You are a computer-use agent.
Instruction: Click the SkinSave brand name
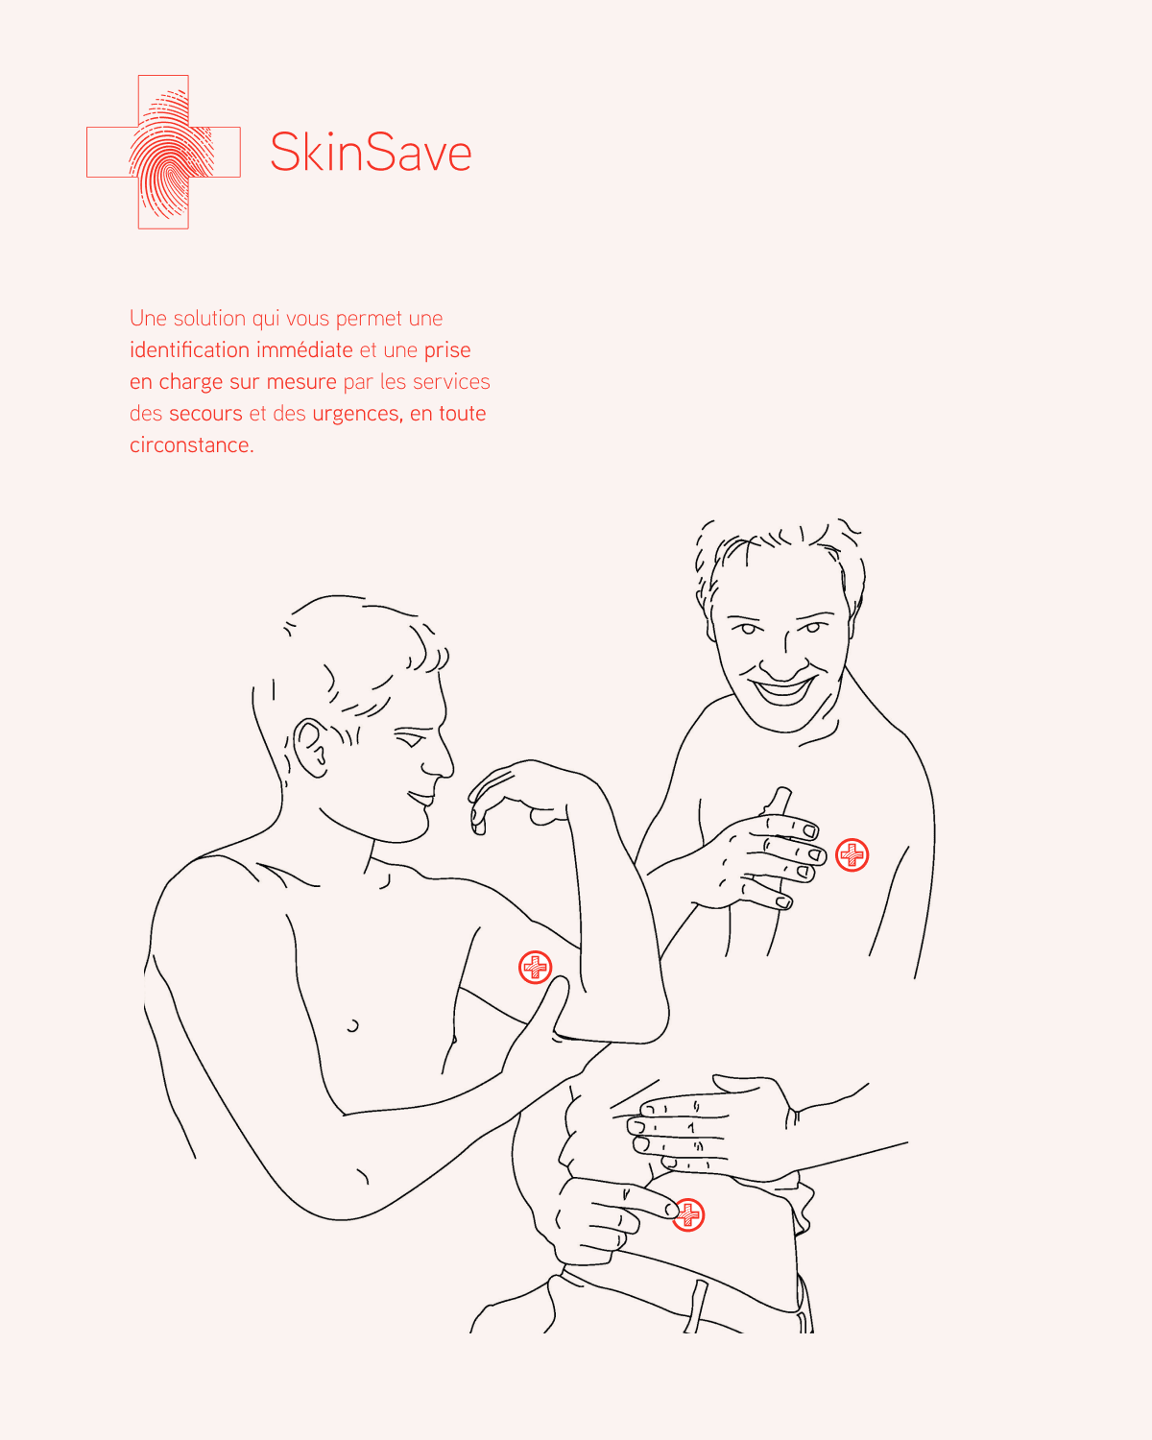[x=371, y=152]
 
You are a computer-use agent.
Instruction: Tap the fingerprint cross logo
[x=163, y=152]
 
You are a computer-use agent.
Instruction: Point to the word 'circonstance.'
[x=192, y=445]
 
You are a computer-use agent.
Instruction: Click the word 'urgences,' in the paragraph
[x=357, y=414]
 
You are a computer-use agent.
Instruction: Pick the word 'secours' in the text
[x=205, y=414]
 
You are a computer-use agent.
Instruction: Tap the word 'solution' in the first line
[x=209, y=318]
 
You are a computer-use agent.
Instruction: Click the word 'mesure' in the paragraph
[x=301, y=381]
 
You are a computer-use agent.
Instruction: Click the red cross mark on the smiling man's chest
[x=852, y=854]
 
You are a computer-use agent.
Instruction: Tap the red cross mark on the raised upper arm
[x=535, y=967]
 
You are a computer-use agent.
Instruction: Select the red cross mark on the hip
[x=688, y=1215]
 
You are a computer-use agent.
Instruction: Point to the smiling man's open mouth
[x=781, y=690]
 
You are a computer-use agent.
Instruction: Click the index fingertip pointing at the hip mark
[x=671, y=1210]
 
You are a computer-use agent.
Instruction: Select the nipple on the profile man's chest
[x=352, y=1025]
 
